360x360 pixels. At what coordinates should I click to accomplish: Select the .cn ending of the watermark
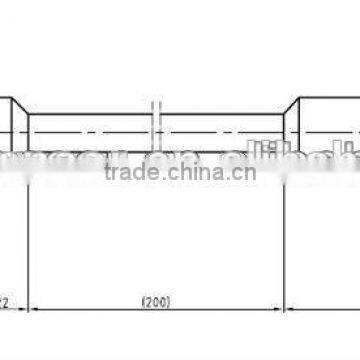pyautogui.click(x=245, y=172)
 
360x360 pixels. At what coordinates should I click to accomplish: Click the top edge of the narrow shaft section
pyautogui.click(x=90, y=114)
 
